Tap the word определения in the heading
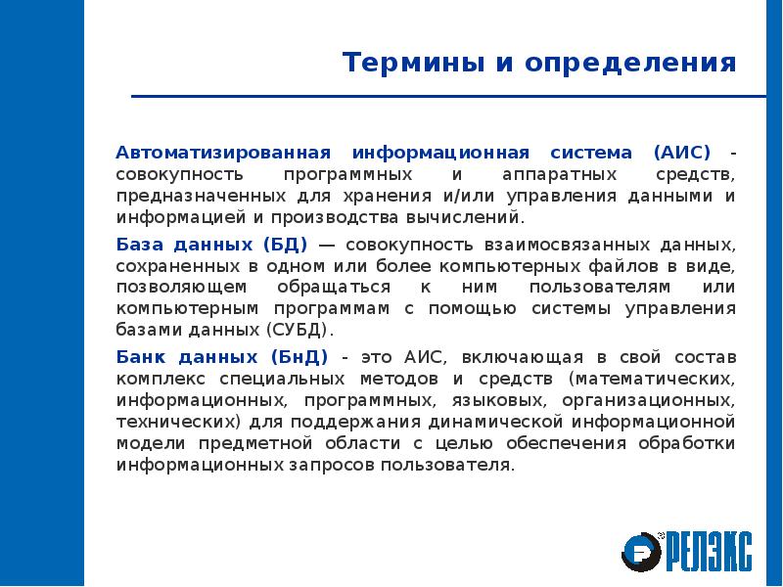[x=629, y=65]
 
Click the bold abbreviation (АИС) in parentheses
[x=685, y=154]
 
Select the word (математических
[x=650, y=377]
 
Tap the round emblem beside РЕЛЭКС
[x=642, y=551]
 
